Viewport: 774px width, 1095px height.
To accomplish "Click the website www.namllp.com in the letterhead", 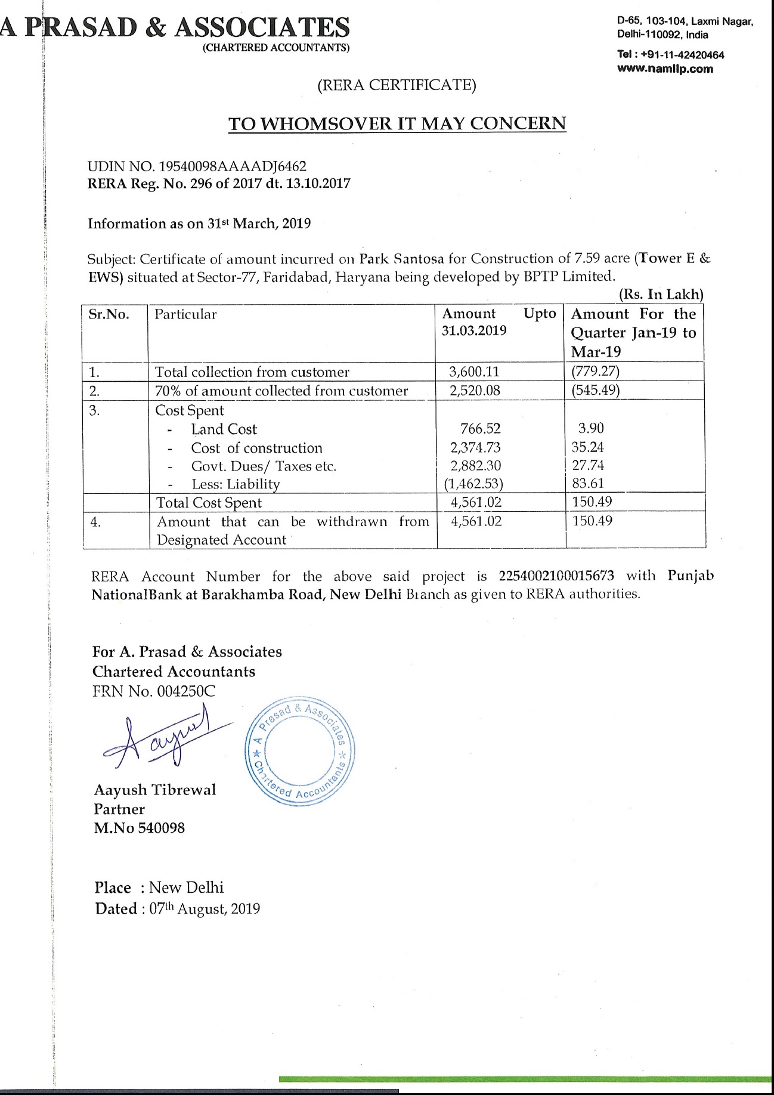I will (x=665, y=69).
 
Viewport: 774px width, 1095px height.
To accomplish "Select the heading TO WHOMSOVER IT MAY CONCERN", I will (x=397, y=123).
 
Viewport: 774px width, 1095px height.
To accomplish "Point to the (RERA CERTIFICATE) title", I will (x=397, y=85).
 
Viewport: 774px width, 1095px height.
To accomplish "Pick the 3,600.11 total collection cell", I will (x=474, y=372).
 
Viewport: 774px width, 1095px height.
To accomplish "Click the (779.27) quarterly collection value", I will (x=595, y=372).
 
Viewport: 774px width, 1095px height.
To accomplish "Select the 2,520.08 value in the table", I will (x=474, y=391).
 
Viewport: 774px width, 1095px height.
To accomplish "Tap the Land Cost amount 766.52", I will (x=480, y=429).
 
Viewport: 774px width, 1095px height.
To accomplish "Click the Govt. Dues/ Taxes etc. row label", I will (x=263, y=466).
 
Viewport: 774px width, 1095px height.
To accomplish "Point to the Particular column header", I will (x=185, y=314).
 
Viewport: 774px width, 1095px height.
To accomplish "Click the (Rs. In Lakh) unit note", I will (x=661, y=295).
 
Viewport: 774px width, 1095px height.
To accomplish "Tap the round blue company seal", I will (x=301, y=750).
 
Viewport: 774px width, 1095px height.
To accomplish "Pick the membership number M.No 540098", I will (x=139, y=828).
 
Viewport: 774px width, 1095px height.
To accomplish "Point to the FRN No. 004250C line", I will (x=154, y=691).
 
